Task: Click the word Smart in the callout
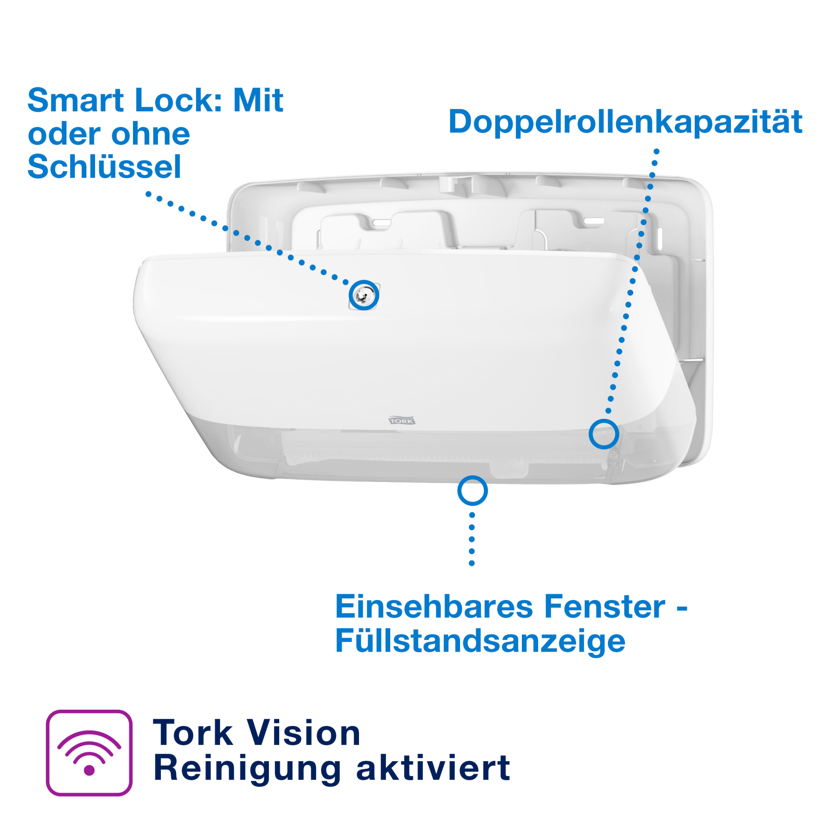click(x=76, y=100)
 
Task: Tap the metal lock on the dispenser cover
click(x=364, y=295)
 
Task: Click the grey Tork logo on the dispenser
click(x=402, y=420)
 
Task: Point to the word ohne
click(x=150, y=134)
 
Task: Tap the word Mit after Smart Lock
click(x=258, y=100)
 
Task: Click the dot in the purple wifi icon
click(x=89, y=770)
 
